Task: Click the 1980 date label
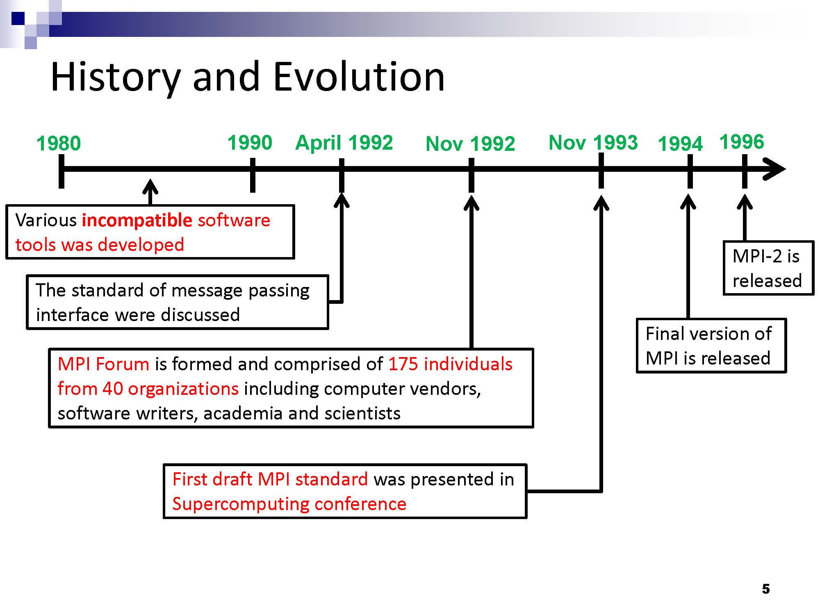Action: pyautogui.click(x=59, y=143)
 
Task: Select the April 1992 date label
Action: pyautogui.click(x=344, y=143)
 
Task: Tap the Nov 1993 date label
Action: pyautogui.click(x=593, y=143)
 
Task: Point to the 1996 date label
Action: pyautogui.click(x=742, y=142)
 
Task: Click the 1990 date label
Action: pyautogui.click(x=250, y=143)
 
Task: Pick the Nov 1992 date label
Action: pyautogui.click(x=470, y=144)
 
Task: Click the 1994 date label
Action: pyautogui.click(x=680, y=144)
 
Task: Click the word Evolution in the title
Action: pyautogui.click(x=359, y=77)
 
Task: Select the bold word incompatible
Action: pyautogui.click(x=137, y=221)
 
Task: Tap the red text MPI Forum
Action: pyautogui.click(x=103, y=364)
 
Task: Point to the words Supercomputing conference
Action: pyautogui.click(x=289, y=504)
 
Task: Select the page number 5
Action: pyautogui.click(x=766, y=589)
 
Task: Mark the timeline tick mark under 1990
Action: pyautogui.click(x=253, y=175)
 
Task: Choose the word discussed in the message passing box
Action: pyautogui.click(x=200, y=315)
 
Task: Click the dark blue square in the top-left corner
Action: pyautogui.click(x=18, y=18)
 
